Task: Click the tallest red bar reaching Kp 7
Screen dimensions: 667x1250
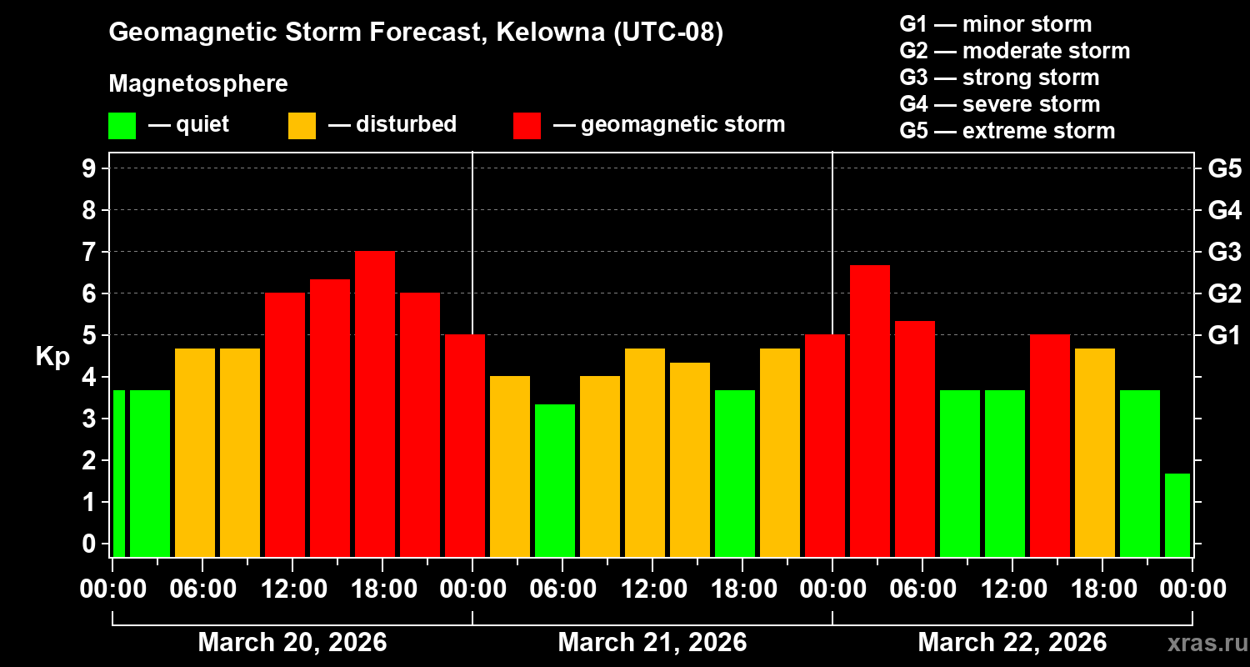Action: pyautogui.click(x=375, y=404)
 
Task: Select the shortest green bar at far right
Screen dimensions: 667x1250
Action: pyautogui.click(x=1177, y=514)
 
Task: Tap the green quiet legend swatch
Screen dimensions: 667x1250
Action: pyautogui.click(x=122, y=125)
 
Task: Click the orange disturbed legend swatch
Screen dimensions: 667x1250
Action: pyautogui.click(x=302, y=125)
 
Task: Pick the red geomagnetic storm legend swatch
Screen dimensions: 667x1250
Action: pyautogui.click(x=527, y=125)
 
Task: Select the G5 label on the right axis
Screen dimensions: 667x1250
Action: pyautogui.click(x=1224, y=168)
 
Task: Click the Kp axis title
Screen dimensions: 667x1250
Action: pyautogui.click(x=52, y=357)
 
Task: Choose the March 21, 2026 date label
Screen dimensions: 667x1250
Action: pyautogui.click(x=652, y=643)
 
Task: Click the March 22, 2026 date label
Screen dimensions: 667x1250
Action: pyautogui.click(x=1012, y=643)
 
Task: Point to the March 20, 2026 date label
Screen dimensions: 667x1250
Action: pyautogui.click(x=292, y=643)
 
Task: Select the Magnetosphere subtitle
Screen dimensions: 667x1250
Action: pyautogui.click(x=197, y=84)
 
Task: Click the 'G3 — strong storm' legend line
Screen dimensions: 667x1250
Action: pyautogui.click(x=999, y=78)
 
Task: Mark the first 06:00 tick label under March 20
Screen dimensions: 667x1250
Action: pyautogui.click(x=202, y=589)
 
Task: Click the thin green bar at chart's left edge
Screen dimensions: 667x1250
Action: pyautogui.click(x=118, y=473)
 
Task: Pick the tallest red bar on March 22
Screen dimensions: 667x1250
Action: pyautogui.click(x=870, y=410)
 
